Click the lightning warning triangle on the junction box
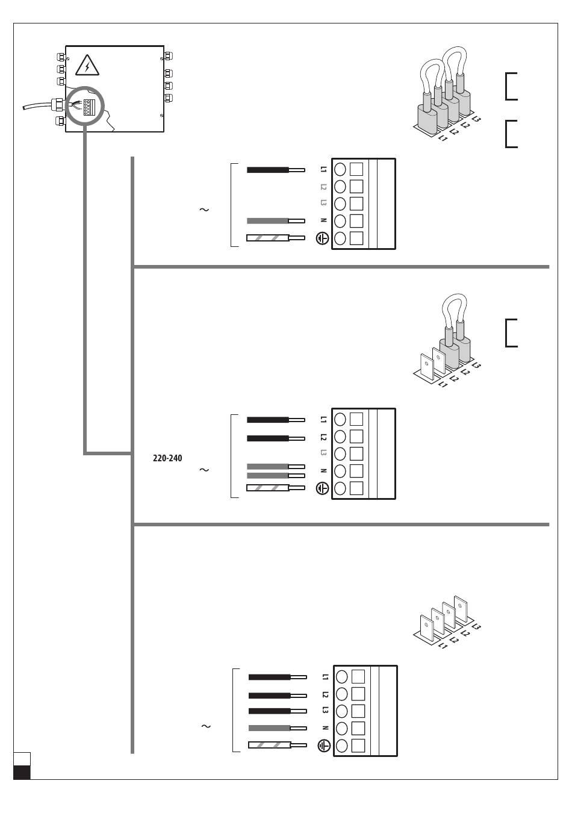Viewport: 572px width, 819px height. pyautogui.click(x=87, y=66)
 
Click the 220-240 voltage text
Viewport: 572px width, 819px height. pyautogui.click(x=167, y=458)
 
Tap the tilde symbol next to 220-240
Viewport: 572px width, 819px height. pyautogui.click(x=204, y=470)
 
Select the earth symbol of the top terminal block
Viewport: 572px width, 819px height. pyautogui.click(x=323, y=238)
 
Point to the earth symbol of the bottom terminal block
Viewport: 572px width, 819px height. pyautogui.click(x=324, y=746)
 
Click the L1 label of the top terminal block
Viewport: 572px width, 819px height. pyautogui.click(x=323, y=169)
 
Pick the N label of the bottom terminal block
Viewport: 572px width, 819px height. pyautogui.click(x=325, y=728)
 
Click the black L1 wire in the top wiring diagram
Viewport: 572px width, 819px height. pyautogui.click(x=268, y=170)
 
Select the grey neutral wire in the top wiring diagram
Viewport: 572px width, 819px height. pyautogui.click(x=268, y=221)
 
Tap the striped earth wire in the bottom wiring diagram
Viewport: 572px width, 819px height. pyautogui.click(x=270, y=745)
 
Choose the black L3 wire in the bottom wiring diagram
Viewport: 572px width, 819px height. pyautogui.click(x=270, y=711)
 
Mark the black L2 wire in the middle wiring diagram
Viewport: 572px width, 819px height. pyautogui.click(x=268, y=438)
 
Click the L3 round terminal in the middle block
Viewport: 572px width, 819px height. pyautogui.click(x=340, y=453)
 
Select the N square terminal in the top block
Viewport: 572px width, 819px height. pyautogui.click(x=356, y=220)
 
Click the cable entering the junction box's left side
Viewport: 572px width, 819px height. pyautogui.click(x=36, y=106)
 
